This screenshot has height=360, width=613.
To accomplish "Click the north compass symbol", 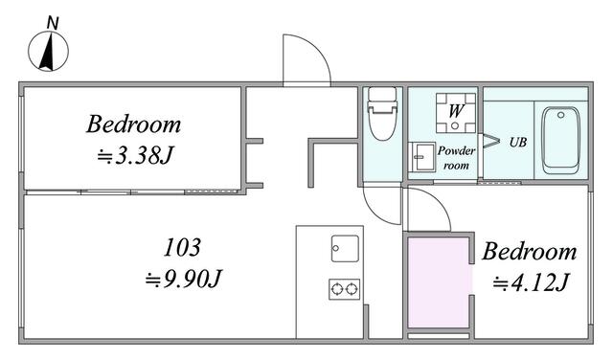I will click(47, 52).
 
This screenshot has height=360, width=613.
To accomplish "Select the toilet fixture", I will click(382, 114).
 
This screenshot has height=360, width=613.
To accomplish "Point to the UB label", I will click(517, 142).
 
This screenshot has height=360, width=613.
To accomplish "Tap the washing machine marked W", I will click(455, 111).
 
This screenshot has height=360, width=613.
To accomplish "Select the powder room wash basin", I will click(422, 156).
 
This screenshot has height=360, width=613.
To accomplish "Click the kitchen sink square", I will click(344, 247).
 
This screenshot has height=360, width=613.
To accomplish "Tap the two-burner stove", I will click(344, 288).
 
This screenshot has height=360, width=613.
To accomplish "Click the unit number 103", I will click(182, 248).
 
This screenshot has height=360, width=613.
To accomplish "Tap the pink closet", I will click(440, 283).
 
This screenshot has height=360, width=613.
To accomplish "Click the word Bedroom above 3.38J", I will click(134, 124).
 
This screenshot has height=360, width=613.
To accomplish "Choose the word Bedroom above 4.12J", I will click(529, 252).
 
